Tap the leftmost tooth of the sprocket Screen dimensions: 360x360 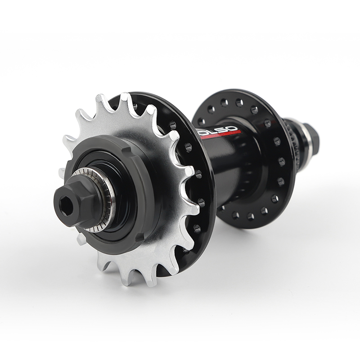pyautogui.click(x=63, y=173)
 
